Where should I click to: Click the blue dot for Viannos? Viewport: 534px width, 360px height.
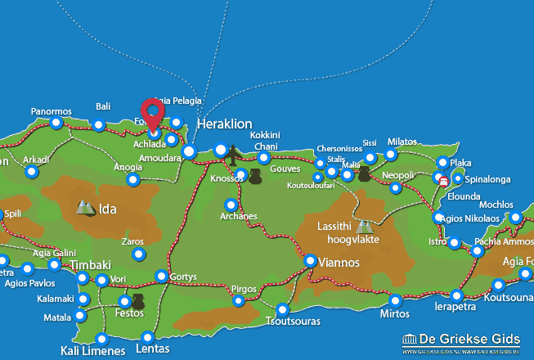[x=311, y=261]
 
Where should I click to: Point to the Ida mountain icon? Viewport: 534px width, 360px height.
[x=86, y=208]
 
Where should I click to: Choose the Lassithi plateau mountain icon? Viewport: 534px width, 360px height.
[x=363, y=226]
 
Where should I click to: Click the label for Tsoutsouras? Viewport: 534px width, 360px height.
[x=283, y=322]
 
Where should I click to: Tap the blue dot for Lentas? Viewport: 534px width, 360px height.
[x=148, y=337]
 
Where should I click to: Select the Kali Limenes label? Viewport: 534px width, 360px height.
[x=93, y=351]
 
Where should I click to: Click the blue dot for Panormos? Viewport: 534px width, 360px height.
[x=56, y=124]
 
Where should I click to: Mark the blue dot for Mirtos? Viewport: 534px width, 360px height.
[x=396, y=300]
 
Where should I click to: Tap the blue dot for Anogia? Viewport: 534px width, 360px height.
[x=132, y=180]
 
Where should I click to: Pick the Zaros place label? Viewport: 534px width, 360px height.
[x=132, y=241]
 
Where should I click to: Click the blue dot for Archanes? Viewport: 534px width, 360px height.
[x=231, y=205]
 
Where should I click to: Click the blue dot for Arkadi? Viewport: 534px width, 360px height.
[x=31, y=172]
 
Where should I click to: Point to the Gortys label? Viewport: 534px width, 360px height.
[x=183, y=277]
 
